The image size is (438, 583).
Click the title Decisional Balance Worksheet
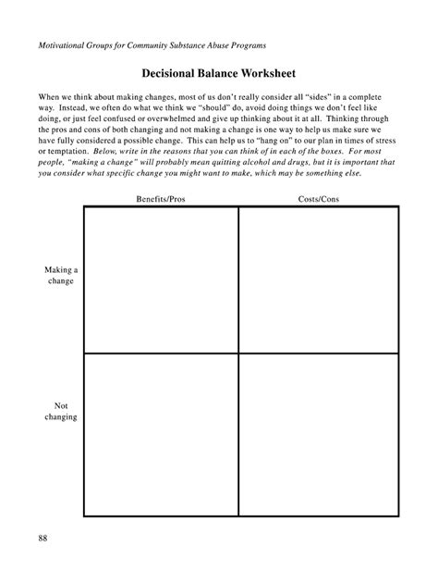(x=219, y=74)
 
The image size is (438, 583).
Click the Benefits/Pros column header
(x=160, y=200)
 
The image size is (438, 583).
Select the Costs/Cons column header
(x=318, y=200)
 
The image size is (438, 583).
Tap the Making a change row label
(x=61, y=275)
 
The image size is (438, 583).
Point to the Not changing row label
(x=61, y=411)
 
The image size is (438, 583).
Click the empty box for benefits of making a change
(x=160, y=279)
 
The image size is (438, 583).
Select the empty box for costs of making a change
(x=318, y=279)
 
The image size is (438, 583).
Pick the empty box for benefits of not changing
(x=160, y=434)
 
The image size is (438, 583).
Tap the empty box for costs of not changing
(x=318, y=434)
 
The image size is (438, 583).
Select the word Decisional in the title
(x=171, y=74)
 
